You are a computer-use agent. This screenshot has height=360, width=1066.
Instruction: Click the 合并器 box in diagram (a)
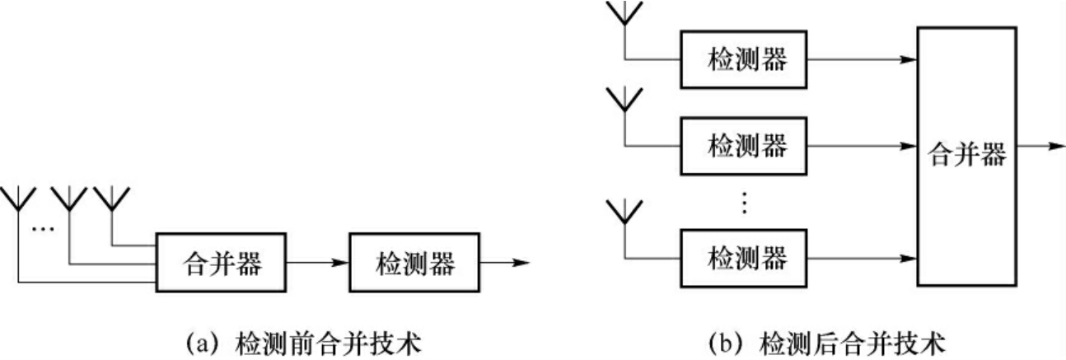[x=220, y=263]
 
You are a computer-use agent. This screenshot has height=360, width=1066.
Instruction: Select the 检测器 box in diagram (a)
[x=416, y=263]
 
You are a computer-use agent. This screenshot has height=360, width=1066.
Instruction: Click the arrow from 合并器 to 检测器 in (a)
[x=317, y=264]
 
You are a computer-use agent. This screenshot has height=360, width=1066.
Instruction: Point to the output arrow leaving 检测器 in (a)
[x=504, y=264]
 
